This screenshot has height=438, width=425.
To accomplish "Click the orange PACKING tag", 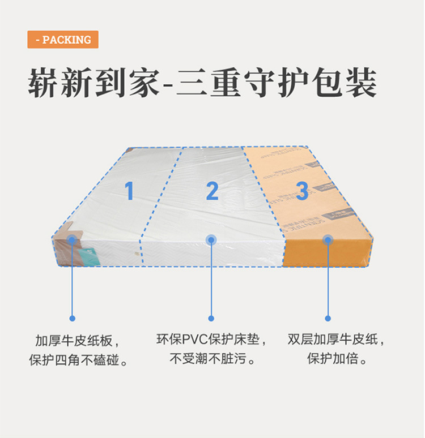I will pos(63,40).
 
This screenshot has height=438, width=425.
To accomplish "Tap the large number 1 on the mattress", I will pos(129,191).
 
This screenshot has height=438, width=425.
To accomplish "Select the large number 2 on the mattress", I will pos(212,191).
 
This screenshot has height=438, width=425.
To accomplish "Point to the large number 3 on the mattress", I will pos(302,191).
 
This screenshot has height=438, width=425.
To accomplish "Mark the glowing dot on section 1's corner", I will pos(72,239).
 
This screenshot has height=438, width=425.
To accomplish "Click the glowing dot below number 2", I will pos(211,239).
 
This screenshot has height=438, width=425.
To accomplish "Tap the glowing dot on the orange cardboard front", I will pos(328,239).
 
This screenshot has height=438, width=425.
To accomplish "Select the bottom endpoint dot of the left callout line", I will pos(72,318).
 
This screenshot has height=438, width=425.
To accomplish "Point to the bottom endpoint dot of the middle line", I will pos(211,318).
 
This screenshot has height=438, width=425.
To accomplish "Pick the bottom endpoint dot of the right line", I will pos(328,318).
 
